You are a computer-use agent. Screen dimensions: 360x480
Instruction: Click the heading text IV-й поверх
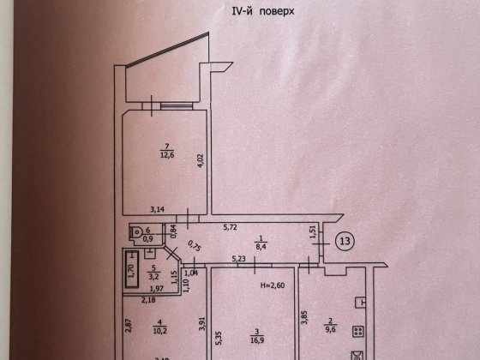[x=239, y=11]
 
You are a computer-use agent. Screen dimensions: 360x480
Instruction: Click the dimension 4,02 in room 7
[x=199, y=160]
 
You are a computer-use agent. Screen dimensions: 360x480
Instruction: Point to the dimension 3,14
[x=157, y=209]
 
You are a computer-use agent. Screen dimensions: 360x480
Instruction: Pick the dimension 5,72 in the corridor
[x=231, y=228]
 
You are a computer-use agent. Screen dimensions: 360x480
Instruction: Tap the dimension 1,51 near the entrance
[x=314, y=232]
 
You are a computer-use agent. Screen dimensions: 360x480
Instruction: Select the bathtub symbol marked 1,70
[x=130, y=267]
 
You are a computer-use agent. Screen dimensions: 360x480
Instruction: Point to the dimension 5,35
[x=219, y=337]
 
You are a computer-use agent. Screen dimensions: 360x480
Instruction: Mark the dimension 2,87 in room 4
[x=126, y=326]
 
